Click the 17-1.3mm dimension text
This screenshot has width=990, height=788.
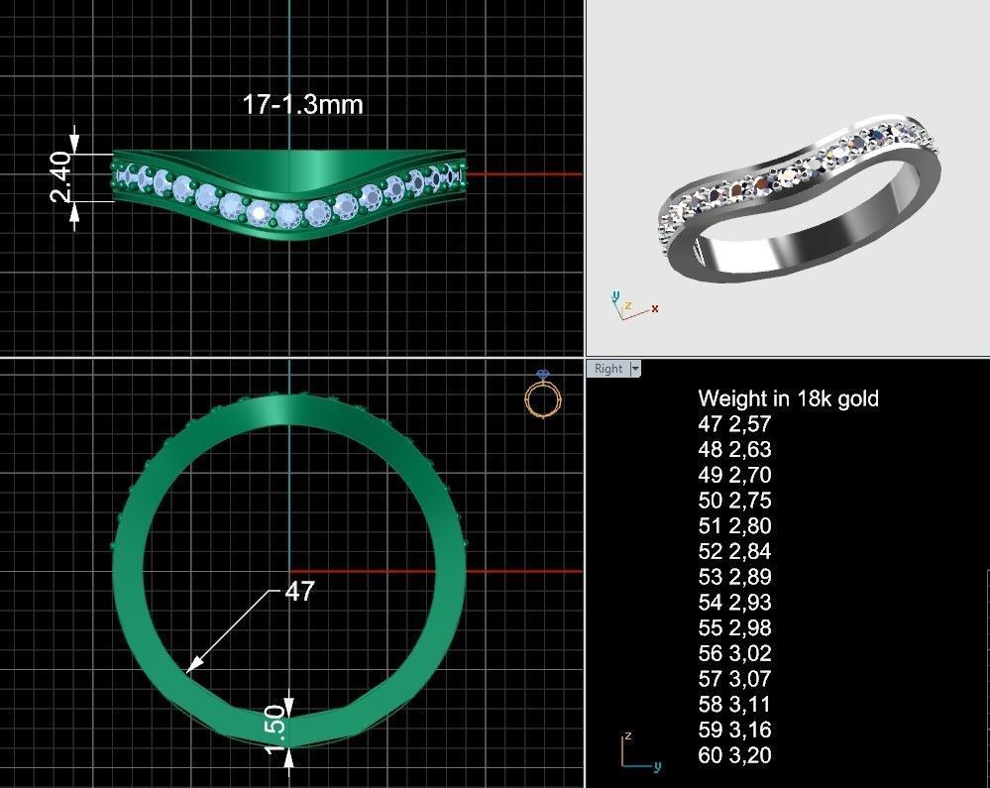point(302,104)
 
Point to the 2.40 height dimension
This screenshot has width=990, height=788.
point(61,176)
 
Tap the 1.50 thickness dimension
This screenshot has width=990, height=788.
point(276,729)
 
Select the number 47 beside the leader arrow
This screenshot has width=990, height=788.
point(299,592)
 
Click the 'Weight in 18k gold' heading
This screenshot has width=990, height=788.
point(788,398)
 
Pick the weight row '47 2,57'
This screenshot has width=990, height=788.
point(734,424)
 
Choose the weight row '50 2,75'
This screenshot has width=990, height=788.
point(734,501)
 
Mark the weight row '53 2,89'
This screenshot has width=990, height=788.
point(734,577)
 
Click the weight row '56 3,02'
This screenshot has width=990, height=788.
point(734,653)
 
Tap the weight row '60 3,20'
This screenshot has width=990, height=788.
point(734,755)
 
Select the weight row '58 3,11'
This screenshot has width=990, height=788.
point(734,705)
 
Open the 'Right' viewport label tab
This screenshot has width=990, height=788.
point(607,369)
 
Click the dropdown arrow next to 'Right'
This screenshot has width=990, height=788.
point(635,369)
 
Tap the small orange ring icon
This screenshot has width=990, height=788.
point(542,396)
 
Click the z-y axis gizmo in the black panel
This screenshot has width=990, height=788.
point(635,753)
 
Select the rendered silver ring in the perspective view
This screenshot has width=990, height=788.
point(799,203)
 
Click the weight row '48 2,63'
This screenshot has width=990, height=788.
point(734,449)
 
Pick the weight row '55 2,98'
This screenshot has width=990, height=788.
point(734,628)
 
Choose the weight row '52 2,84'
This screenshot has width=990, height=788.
point(734,551)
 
